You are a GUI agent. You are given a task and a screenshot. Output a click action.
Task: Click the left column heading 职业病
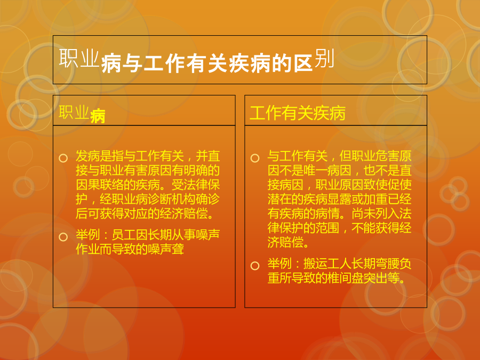(x=82, y=114)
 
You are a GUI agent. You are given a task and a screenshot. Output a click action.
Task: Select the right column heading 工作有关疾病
(x=298, y=113)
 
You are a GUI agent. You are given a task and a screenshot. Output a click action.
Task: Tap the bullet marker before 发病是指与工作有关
(x=63, y=158)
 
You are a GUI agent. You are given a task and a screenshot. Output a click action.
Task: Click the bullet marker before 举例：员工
(x=63, y=237)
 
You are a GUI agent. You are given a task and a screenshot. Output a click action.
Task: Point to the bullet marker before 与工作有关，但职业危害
(x=255, y=158)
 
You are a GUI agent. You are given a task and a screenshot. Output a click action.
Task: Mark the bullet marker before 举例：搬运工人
(x=255, y=266)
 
